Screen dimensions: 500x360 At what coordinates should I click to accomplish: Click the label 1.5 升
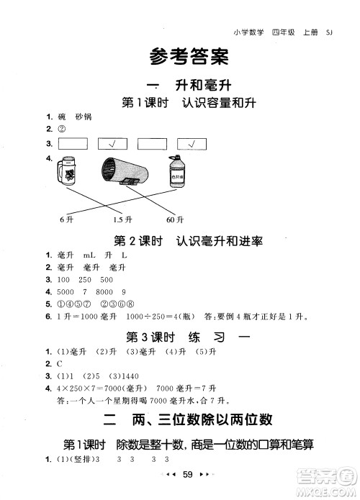tap(123, 219)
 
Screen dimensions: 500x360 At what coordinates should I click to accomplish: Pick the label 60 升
tap(176, 219)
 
